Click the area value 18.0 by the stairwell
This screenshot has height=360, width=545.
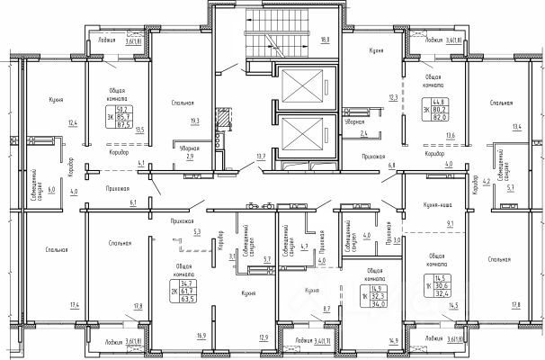click(x=324, y=40)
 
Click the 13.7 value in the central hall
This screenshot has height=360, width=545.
click(x=262, y=157)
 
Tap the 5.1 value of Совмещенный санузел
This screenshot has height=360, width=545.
click(x=512, y=190)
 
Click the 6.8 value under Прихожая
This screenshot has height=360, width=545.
click(x=391, y=166)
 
